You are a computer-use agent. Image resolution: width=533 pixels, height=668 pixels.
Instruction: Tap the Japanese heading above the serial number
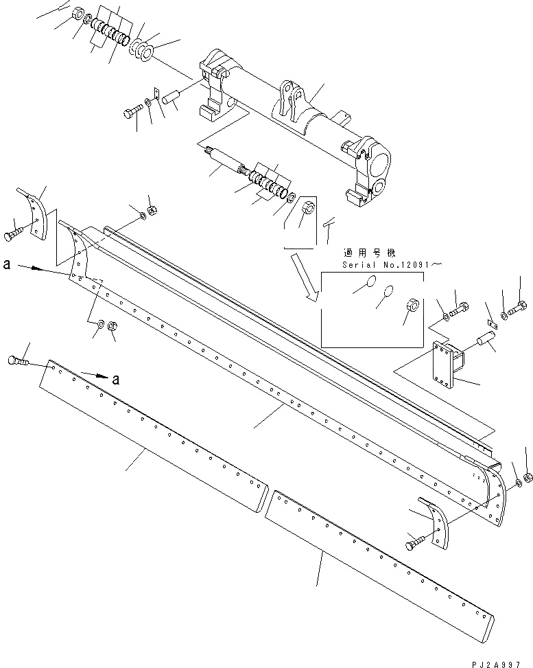368,252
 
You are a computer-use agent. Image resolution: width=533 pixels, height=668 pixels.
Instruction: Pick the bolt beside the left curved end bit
16,233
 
